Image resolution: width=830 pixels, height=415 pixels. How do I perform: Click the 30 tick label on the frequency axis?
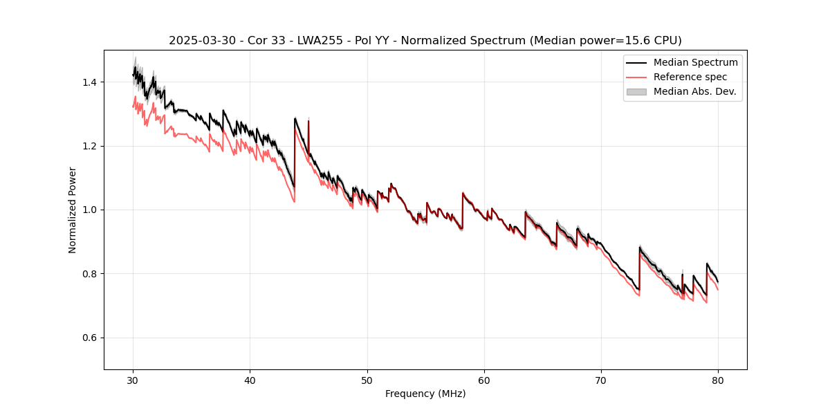(133, 380)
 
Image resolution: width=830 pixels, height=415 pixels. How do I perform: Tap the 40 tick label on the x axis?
(250, 380)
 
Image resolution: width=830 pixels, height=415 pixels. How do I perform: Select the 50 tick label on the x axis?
(367, 380)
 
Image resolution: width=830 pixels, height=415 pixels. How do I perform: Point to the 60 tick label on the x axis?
(484, 380)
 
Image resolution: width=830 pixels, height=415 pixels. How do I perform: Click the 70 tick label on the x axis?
(601, 380)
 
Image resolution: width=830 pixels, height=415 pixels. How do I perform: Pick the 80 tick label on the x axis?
(718, 380)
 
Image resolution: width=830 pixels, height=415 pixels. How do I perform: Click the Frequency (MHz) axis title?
(425, 394)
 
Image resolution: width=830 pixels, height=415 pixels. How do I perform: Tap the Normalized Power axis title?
(73, 210)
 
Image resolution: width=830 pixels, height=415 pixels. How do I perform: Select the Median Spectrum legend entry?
(695, 62)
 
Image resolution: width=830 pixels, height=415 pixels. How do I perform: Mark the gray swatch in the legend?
(636, 91)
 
